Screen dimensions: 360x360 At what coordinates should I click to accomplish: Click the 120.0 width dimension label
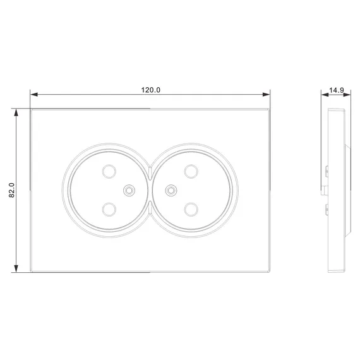pyautogui.click(x=150, y=90)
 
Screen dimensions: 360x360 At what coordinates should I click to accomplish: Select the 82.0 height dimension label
pyautogui.click(x=11, y=190)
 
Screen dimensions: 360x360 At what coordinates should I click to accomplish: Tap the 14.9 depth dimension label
pyautogui.click(x=337, y=90)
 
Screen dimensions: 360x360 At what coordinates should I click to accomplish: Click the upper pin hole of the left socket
pyautogui.click(x=109, y=171)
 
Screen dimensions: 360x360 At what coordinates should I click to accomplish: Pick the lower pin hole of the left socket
pyautogui.click(x=109, y=210)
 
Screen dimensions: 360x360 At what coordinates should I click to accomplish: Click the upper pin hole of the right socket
pyautogui.click(x=191, y=171)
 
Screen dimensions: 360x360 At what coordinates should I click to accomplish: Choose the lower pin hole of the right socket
pyautogui.click(x=191, y=210)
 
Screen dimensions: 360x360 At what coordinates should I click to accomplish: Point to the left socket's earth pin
pyautogui.click(x=129, y=190)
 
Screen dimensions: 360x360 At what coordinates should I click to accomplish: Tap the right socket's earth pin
pyautogui.click(x=171, y=190)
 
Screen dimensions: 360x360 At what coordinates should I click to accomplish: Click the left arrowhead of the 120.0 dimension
pyautogui.click(x=33, y=94)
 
